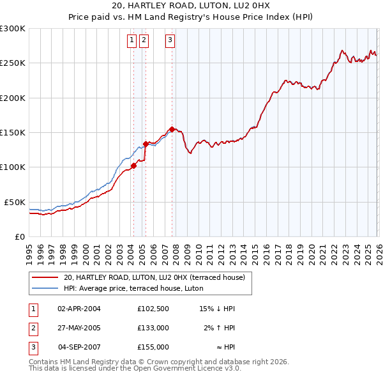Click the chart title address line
191,6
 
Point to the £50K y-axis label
15,202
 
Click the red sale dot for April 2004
133,165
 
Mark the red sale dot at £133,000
146,144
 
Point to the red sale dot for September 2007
172,129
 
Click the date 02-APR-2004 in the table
79,309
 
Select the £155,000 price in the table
153,347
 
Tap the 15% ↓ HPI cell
218,309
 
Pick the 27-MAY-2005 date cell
79,328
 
